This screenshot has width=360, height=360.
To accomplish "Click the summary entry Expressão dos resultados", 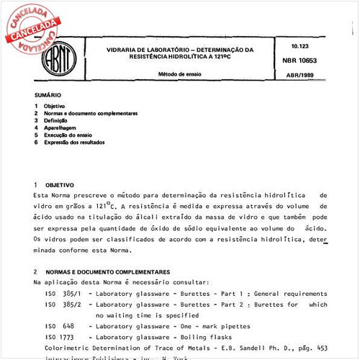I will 74,143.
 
